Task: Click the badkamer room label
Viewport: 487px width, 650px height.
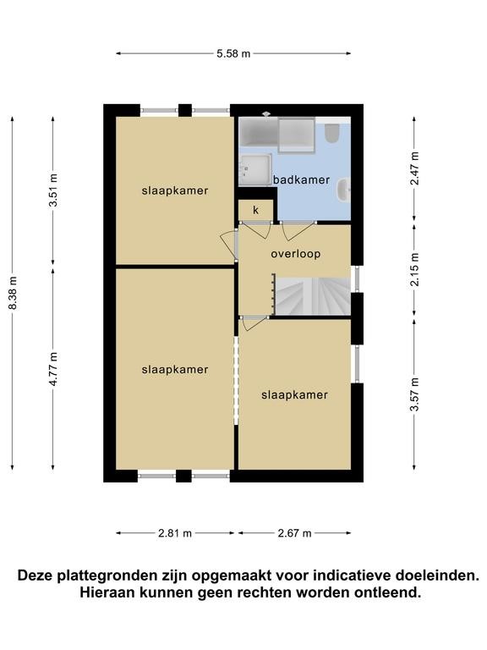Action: point(302,180)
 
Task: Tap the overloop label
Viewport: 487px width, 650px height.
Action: point(296,254)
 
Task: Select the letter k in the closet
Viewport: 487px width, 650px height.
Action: point(255,210)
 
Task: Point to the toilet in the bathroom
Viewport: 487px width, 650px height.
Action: point(331,133)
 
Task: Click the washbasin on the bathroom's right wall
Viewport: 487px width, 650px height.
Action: point(344,190)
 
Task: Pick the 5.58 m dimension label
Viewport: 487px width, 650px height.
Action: point(233,53)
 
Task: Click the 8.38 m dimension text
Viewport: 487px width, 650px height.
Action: point(13,293)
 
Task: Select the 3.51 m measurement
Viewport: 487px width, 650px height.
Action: point(53,190)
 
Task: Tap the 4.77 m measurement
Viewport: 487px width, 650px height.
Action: point(53,369)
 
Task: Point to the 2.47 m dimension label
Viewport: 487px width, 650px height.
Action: point(414,168)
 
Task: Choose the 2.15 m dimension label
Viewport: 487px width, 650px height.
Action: point(414,269)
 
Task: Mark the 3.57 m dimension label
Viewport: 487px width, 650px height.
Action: point(414,394)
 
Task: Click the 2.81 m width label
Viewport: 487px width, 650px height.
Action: point(175,533)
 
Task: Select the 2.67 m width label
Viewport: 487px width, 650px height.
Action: point(294,533)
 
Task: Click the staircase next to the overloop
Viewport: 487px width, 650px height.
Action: point(312,296)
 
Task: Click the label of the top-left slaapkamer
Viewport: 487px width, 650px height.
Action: point(175,190)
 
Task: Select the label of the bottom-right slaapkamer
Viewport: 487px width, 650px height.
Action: point(294,394)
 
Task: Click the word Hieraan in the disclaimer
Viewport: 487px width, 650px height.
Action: point(107,592)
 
